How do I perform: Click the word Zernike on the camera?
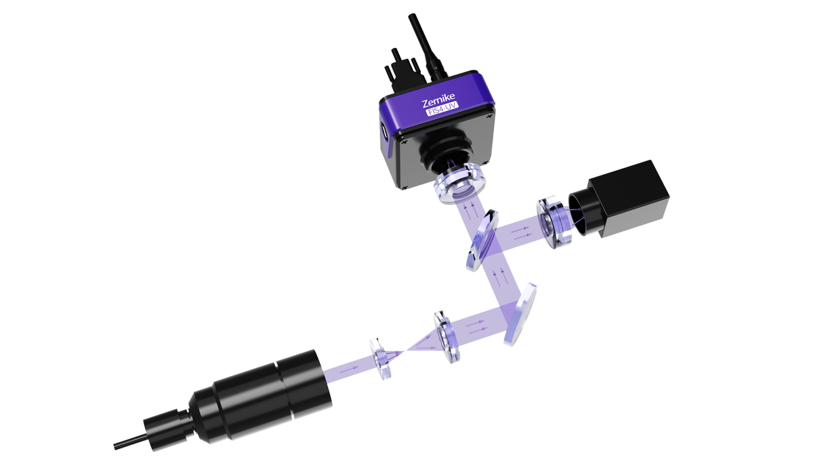pos(438,100)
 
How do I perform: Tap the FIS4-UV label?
pos(442,109)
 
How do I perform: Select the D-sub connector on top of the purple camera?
pos(404,73)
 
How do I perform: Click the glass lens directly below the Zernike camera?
pos(459,183)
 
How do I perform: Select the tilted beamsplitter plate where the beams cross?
pos(482,240)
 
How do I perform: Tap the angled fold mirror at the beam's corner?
pos(520,314)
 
